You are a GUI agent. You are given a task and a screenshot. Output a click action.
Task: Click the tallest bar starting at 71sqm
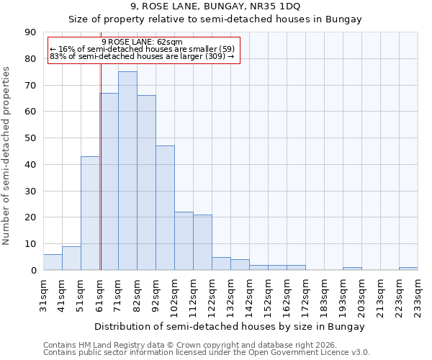coord(127,171)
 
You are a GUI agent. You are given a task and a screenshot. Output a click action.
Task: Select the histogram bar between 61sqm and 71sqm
coord(109,181)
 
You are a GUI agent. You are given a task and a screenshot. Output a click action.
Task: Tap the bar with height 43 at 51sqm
coord(90,213)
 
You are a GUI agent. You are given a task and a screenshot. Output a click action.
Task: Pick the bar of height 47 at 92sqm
coord(165,208)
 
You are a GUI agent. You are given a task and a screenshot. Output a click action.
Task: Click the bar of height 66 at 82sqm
coord(146,183)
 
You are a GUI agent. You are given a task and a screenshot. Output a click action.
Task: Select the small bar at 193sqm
coord(352,269)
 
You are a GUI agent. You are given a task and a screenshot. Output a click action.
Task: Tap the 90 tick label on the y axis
coord(30,32)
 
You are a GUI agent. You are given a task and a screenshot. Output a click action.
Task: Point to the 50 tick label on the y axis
coord(30,138)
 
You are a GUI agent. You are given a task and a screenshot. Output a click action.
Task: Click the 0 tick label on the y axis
coord(33,271)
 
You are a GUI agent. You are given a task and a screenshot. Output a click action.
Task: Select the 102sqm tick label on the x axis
coord(175,295)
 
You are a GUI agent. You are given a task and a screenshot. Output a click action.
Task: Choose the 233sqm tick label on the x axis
coord(418,295)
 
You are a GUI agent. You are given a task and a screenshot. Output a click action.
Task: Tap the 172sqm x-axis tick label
coord(306,295)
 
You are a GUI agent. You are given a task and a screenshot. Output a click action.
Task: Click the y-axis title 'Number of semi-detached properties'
coord(7,156)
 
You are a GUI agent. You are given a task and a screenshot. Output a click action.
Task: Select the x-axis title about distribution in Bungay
coord(229,326)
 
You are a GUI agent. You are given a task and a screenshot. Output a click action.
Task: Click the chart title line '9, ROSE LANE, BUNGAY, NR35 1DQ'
coord(215,6)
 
